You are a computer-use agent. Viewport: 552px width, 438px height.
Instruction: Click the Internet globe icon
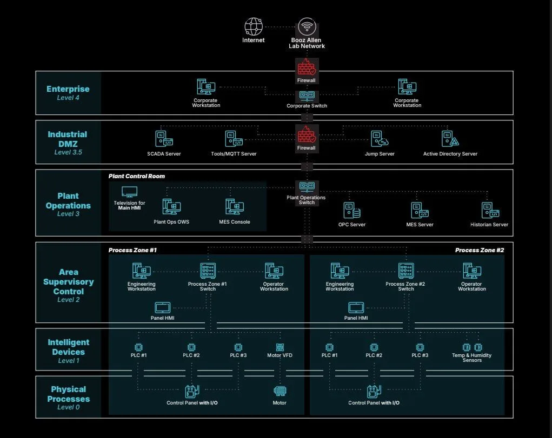(254, 27)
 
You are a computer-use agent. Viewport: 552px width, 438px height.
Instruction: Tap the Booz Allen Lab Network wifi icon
(307, 27)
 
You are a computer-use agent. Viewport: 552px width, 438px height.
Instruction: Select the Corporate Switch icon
(307, 96)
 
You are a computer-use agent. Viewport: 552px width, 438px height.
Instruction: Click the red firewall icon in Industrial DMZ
(307, 134)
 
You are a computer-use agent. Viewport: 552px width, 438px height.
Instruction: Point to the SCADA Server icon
(164, 139)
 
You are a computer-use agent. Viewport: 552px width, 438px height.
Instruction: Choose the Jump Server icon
(380, 139)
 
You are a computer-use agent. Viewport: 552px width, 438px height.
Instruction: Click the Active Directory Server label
(450, 154)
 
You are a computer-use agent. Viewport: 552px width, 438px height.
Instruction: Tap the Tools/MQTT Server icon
(234, 139)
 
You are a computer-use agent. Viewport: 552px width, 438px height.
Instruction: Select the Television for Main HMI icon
(129, 192)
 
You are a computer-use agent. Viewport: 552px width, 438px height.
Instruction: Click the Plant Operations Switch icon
(307, 187)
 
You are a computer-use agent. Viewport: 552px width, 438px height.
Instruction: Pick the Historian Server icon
(490, 211)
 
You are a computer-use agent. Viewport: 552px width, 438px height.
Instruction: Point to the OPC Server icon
(351, 211)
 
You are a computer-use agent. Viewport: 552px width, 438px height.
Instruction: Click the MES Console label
(235, 222)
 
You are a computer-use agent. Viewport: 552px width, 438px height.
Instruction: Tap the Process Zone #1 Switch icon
(208, 271)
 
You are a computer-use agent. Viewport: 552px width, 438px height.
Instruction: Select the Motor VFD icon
(280, 347)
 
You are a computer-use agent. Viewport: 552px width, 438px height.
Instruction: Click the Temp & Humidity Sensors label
(472, 358)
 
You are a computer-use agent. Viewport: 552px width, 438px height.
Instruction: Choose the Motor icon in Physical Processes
(280, 391)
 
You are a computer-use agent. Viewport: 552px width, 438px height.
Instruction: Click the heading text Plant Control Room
(137, 176)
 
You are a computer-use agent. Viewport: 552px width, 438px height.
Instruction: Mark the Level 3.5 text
(68, 152)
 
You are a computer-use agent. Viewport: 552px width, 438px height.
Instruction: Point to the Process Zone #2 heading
(480, 250)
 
